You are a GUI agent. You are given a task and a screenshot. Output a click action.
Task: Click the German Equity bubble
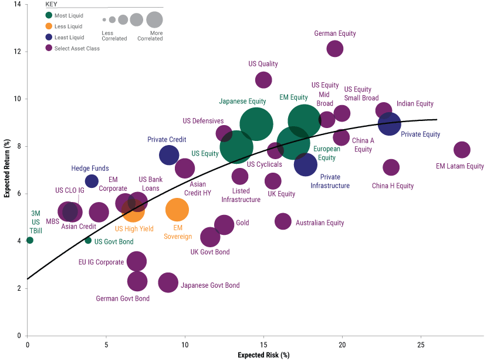(335, 48)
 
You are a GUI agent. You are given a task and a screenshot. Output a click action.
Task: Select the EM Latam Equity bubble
(462, 150)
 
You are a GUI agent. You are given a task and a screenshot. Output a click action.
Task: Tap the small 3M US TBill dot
(30, 240)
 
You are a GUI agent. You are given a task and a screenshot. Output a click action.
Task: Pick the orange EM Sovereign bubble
(177, 209)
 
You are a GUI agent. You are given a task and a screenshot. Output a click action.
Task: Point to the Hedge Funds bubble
(92, 180)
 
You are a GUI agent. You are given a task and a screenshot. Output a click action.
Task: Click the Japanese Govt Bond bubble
(168, 282)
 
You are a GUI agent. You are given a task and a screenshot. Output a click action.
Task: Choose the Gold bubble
(225, 224)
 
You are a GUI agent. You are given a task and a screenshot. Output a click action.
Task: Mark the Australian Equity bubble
(283, 221)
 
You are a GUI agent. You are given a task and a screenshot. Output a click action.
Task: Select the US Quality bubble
(264, 80)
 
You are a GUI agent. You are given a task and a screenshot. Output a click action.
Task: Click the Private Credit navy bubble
(169, 155)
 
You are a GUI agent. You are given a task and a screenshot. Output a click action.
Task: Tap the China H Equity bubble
(391, 167)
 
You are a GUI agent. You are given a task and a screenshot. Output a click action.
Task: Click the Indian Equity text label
(415, 104)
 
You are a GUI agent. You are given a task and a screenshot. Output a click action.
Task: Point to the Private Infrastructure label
(330, 181)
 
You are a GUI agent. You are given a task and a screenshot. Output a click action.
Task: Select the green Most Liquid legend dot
(49, 16)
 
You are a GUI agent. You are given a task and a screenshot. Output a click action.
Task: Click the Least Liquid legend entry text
(69, 38)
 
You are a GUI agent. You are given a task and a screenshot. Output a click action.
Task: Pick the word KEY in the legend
(52, 4)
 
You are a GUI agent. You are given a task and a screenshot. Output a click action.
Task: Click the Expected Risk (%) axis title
(263, 355)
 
